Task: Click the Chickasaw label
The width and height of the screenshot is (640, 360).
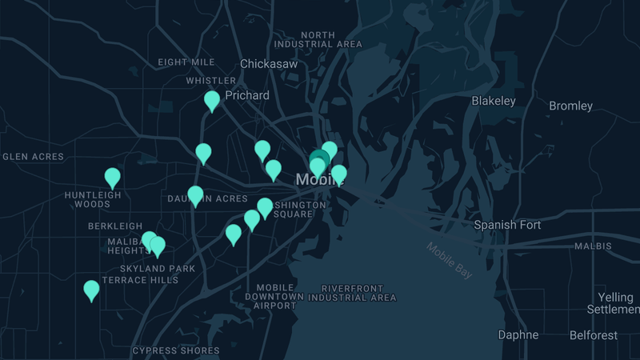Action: (x=270, y=63)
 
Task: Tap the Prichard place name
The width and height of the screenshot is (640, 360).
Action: (x=247, y=95)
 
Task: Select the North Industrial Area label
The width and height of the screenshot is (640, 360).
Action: (x=329, y=40)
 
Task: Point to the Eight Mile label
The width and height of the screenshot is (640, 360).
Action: (x=186, y=62)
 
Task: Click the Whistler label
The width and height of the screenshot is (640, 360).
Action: (x=211, y=81)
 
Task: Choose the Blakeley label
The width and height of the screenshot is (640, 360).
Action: (x=494, y=101)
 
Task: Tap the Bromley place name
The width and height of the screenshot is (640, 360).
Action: (x=570, y=106)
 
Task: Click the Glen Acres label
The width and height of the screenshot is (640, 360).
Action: (x=33, y=157)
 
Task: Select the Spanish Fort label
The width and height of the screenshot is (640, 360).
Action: (x=507, y=225)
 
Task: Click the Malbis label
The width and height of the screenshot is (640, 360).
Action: (x=593, y=246)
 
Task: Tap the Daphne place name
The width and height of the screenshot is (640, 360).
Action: (x=518, y=334)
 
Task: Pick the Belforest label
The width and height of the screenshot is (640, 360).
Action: (x=594, y=335)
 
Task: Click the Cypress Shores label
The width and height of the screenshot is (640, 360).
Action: (x=176, y=350)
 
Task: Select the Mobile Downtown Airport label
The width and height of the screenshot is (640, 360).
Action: (x=275, y=297)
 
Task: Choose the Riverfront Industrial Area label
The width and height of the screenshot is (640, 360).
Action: (x=352, y=293)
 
